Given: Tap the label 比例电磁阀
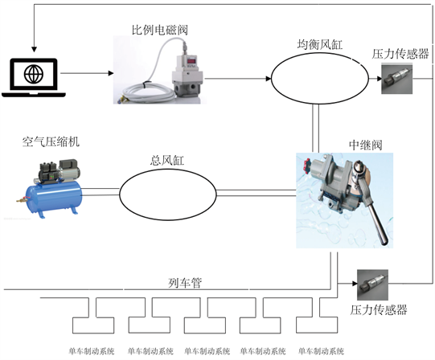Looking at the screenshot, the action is pos(160,30).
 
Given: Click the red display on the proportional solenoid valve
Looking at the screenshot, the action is pos(191,61).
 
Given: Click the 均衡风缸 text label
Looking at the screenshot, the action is pos(320,44).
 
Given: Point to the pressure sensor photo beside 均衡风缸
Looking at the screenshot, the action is pos(397,79).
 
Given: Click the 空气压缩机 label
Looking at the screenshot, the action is pos(51,141).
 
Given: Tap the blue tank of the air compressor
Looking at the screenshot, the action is pos(53,196).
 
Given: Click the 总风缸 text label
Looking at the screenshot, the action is pos(167,160).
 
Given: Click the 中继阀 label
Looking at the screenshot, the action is pos(365,145).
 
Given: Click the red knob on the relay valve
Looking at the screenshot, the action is pos(306,166).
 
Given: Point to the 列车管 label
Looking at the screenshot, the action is pos(185,283).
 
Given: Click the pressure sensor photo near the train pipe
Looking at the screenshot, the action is pos(372,284).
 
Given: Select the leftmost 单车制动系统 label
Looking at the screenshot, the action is pos(92,351).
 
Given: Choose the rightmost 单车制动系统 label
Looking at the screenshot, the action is pos(321,351).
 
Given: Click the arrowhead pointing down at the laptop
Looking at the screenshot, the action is pos(34,49).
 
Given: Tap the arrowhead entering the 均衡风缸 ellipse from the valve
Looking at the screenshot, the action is pos(268,79).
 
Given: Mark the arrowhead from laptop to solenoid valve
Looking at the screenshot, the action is pos(111,73).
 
